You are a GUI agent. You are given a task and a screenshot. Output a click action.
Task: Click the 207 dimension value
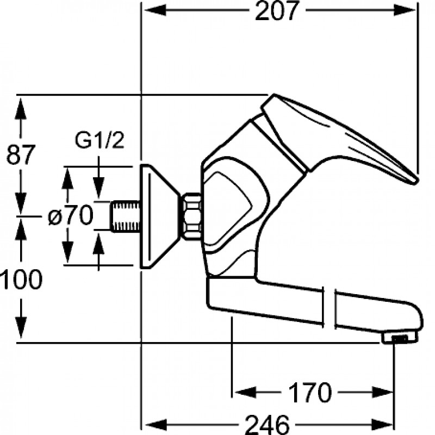coord(277,10)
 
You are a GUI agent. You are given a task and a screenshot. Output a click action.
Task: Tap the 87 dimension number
coord(21,154)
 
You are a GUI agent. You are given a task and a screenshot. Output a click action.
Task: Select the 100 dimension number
coord(21,279)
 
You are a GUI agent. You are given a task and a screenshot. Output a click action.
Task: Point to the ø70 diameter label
coord(70,215)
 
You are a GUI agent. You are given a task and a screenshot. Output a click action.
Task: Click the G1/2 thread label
coord(100,140)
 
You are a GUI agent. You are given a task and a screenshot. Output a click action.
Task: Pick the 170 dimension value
coord(310,392)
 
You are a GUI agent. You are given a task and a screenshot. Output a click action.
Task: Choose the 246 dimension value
coord(268,425)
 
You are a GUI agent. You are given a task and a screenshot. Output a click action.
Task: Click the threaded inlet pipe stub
coord(126,216)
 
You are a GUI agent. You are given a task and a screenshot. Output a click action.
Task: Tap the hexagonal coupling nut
coord(191,216)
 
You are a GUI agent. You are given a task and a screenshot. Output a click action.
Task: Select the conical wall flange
coord(158,216)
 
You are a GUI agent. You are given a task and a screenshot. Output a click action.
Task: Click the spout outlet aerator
coord(399,338)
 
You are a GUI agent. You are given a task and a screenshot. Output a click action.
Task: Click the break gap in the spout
coord(330,307)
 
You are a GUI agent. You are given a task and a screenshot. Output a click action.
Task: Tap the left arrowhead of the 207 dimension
coord(156,10)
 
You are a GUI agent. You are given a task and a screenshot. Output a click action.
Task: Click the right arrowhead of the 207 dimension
coord(405,10)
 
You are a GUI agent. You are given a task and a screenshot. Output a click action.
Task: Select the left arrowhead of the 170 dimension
coord(245,392)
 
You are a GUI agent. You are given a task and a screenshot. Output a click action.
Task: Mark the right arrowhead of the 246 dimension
coord(382,425)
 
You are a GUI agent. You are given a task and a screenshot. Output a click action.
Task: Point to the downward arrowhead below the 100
coord(21,328)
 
